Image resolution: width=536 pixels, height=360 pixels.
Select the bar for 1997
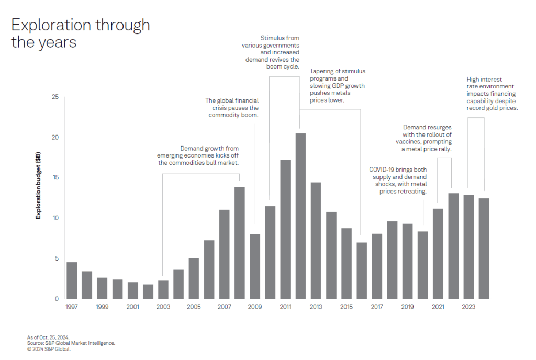point(72,280)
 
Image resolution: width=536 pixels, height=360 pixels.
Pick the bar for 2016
point(361,271)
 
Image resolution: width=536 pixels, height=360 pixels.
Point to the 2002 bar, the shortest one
point(148,291)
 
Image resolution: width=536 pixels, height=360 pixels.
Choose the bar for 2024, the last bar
point(484,248)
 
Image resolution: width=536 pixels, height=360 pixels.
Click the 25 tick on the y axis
point(55,97)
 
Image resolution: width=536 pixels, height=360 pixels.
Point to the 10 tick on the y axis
point(55,218)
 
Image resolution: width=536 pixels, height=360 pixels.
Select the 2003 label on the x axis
point(163,307)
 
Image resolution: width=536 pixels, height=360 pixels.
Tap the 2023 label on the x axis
point(468,307)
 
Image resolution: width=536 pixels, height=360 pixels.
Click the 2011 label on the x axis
point(285,307)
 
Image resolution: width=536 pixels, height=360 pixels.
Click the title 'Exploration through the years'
point(80,33)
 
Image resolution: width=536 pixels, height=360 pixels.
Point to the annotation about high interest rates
point(492,94)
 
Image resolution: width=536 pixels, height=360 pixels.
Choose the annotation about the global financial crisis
point(231,107)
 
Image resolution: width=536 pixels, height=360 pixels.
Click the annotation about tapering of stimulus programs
point(338,85)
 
